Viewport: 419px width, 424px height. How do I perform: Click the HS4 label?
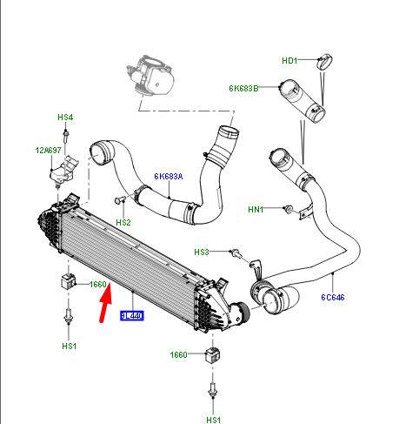coord(66,117)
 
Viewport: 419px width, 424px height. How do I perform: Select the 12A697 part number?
coord(49,150)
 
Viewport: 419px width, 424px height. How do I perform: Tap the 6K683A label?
coord(169,176)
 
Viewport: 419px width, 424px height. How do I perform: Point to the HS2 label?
coord(123,223)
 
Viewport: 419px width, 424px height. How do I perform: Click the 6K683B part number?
coord(244,88)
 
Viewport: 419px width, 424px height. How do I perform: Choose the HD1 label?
coord(289,60)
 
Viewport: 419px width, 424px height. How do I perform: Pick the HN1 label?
coord(255,209)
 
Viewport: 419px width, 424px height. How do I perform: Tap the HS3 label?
coord(202,252)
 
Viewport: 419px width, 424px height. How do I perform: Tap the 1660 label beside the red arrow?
coord(98,284)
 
